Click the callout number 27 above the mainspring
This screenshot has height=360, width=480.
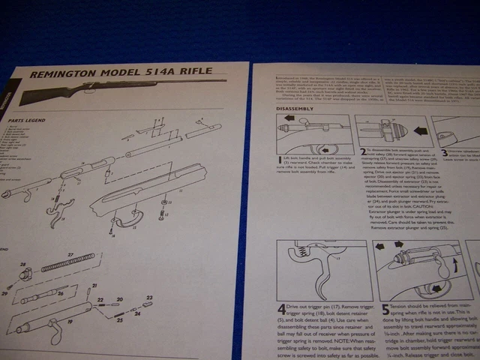[x=70, y=256]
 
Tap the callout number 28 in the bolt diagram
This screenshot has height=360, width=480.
[x=23, y=265]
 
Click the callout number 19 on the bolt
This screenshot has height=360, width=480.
[x=70, y=322]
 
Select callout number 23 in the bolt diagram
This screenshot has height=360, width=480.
[x=148, y=298]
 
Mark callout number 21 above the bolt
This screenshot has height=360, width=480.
[x=95, y=286]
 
